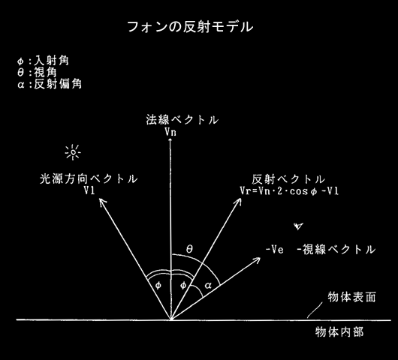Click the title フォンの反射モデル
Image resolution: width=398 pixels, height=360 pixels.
(x=190, y=27)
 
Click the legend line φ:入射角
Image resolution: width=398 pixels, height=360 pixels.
(x=43, y=61)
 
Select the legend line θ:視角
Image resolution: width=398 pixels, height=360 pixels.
(x=37, y=73)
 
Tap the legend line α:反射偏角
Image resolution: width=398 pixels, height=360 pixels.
(x=50, y=84)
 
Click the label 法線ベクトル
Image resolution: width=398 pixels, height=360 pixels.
(x=182, y=120)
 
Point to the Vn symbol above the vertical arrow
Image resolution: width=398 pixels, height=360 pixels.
(x=170, y=132)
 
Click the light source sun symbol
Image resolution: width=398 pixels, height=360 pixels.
(x=73, y=152)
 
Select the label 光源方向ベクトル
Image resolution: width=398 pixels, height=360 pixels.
(x=89, y=179)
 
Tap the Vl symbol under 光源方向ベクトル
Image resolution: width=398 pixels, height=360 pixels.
(x=89, y=190)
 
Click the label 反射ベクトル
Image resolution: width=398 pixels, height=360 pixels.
(x=288, y=179)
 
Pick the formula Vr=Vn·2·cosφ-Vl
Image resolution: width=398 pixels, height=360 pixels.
(x=289, y=191)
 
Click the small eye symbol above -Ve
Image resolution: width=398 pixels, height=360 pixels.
(x=298, y=226)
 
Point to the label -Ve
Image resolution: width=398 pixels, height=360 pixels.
(x=274, y=250)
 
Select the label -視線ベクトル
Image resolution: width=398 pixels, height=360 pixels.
(x=336, y=250)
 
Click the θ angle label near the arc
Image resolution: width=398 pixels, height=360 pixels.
(x=189, y=249)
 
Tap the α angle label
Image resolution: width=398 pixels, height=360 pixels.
(x=208, y=286)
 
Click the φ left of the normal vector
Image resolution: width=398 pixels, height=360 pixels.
(x=158, y=286)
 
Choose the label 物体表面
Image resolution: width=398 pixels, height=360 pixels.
(x=351, y=297)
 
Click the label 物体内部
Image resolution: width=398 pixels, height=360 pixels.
(x=339, y=331)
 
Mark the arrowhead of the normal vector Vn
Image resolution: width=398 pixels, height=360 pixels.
(x=170, y=140)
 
